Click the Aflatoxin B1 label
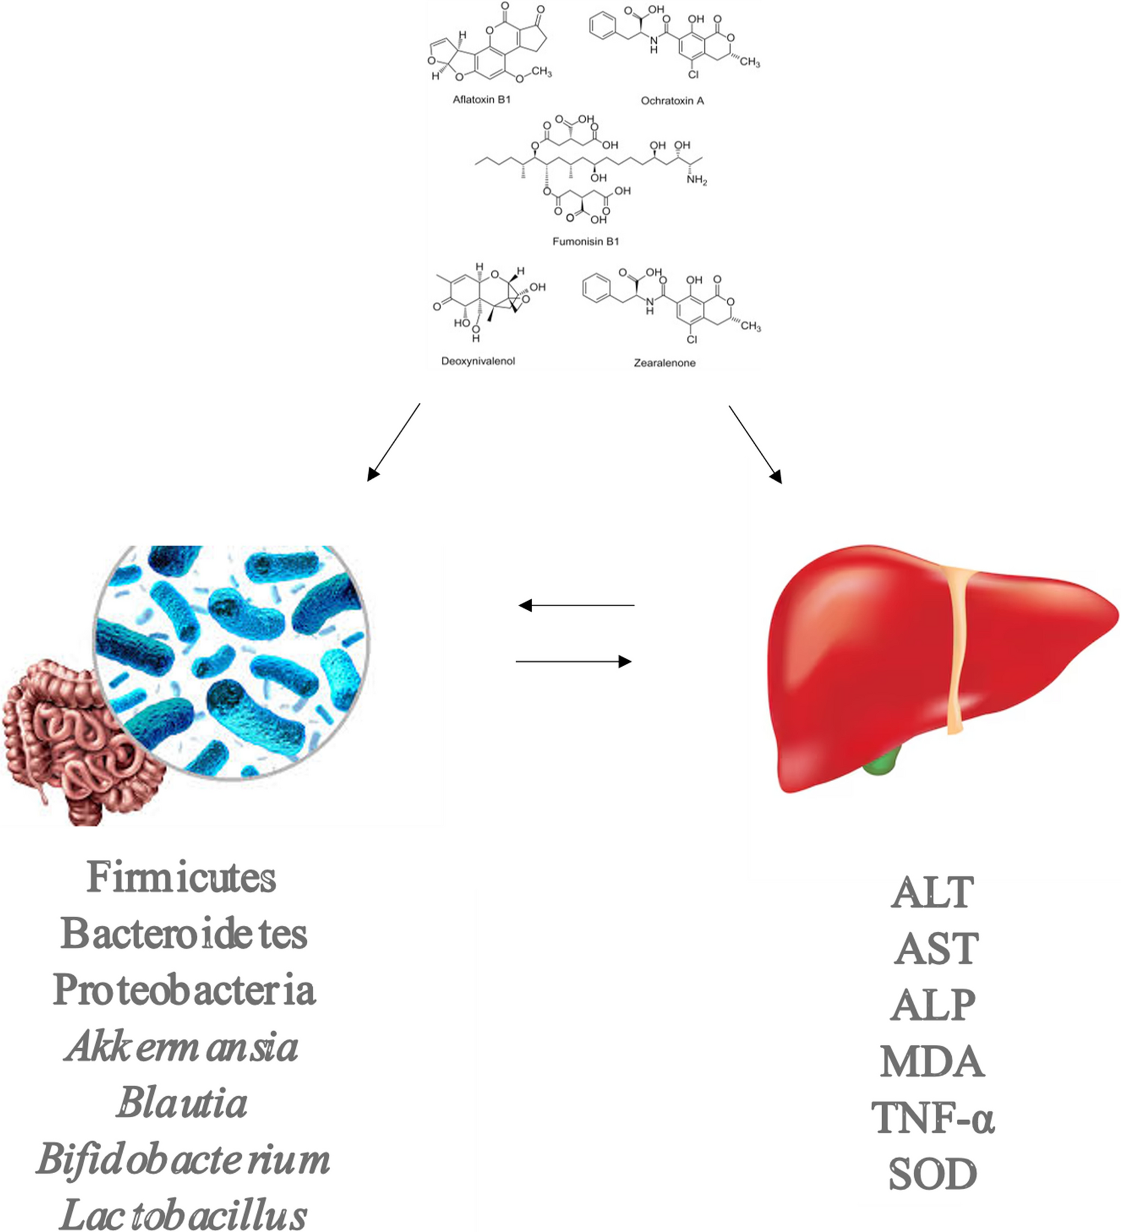[481, 100]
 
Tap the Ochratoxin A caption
[672, 101]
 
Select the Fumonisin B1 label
[585, 241]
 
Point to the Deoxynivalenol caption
[478, 361]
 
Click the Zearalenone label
[664, 363]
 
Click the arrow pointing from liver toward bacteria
[576, 605]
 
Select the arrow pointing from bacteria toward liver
[573, 661]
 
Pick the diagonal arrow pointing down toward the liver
[755, 444]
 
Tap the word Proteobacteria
[183, 990]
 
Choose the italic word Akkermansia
[181, 1047]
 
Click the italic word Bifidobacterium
[183, 1159]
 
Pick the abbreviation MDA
[932, 1062]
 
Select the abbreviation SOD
[932, 1174]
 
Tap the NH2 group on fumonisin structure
[696, 180]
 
